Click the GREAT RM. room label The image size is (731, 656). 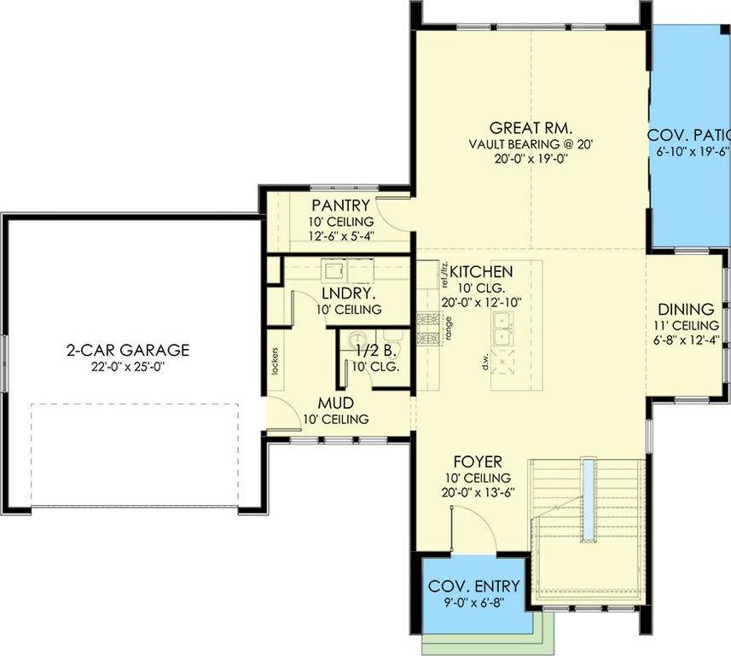(531, 128)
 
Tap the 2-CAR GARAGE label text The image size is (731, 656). (128, 350)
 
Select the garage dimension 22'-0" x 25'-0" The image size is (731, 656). (128, 368)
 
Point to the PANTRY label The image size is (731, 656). (340, 205)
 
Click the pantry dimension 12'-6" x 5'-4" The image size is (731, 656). (340, 236)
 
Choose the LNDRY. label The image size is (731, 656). (345, 294)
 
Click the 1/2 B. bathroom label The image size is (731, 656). (373, 351)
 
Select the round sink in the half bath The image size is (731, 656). (357, 335)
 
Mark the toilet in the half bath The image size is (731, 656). (392, 334)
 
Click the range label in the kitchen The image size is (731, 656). (448, 329)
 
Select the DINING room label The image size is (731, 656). (686, 309)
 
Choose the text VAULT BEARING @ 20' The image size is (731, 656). (531, 144)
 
